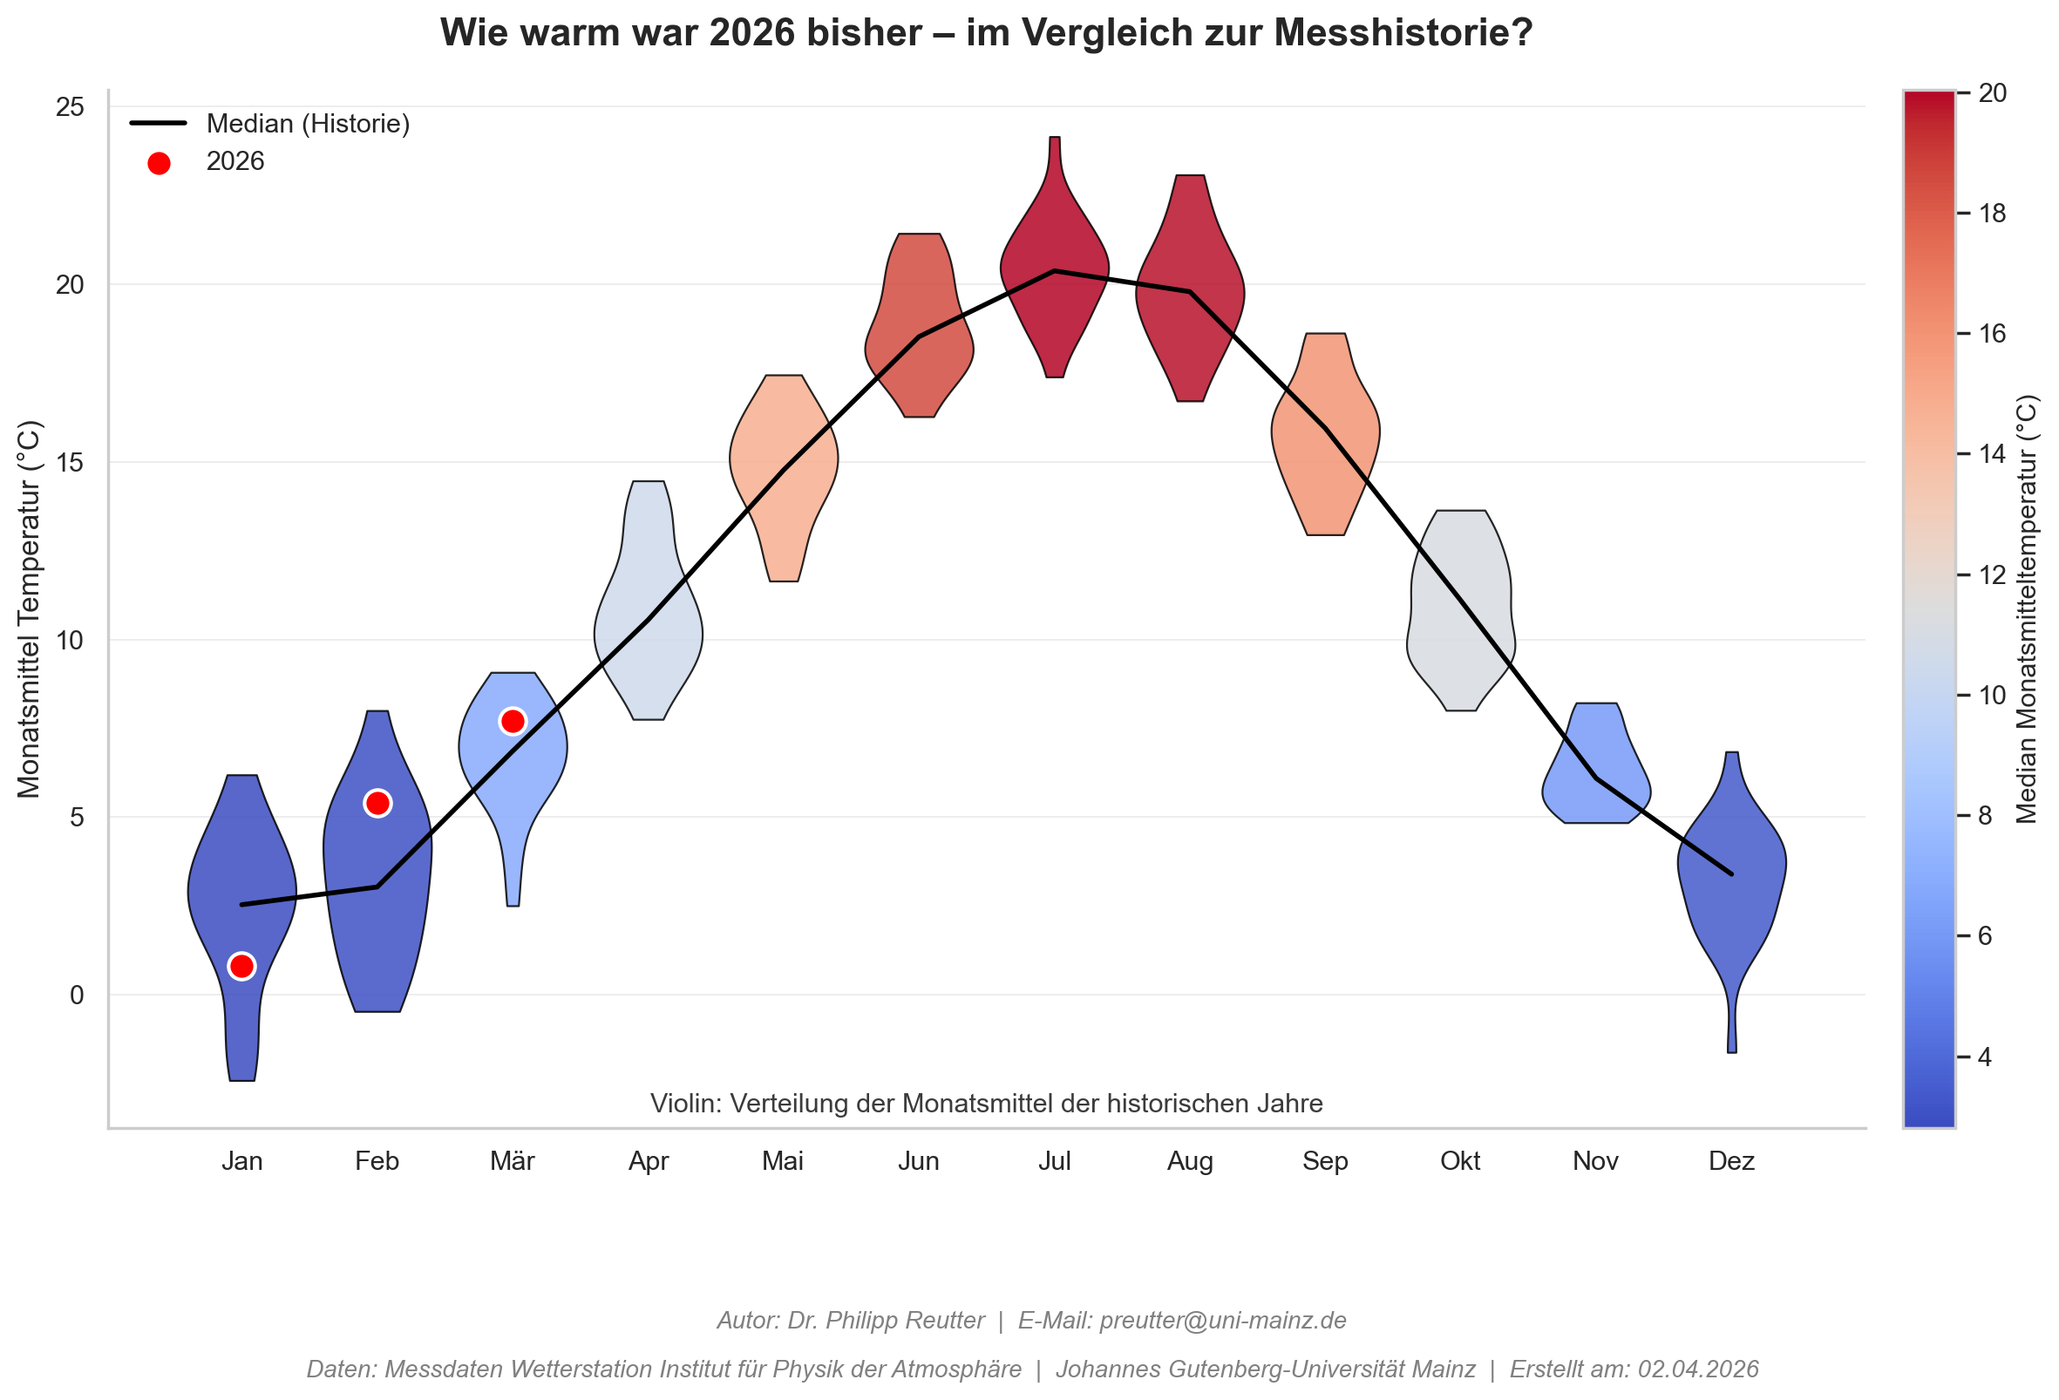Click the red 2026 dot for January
(241, 966)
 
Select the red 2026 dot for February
(377, 803)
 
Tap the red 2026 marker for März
(513, 721)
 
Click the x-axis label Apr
(649, 1161)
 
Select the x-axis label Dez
(1731, 1161)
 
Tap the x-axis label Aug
(1190, 1161)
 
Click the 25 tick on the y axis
(70, 107)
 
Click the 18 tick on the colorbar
(1993, 214)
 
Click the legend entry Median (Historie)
(308, 124)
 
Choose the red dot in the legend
(159, 163)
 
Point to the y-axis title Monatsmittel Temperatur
(30, 608)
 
